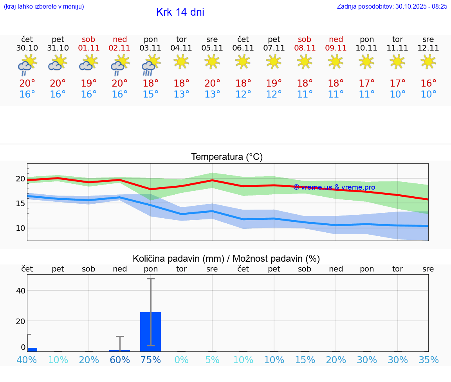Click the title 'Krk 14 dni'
coord(180,12)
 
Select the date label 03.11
coord(151,48)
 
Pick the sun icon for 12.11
coord(428,62)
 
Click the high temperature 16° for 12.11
coord(428,83)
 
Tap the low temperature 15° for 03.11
coord(151,94)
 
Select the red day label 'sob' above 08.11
coord(305,39)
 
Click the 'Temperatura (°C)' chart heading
coord(227,157)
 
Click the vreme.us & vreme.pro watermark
coord(334,187)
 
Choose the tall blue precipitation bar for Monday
coord(151,331)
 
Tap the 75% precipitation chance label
coord(151,360)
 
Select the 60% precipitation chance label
coord(120,360)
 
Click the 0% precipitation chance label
coord(182,360)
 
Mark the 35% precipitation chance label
coord(428,360)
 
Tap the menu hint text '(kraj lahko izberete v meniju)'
coord(44,6)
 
